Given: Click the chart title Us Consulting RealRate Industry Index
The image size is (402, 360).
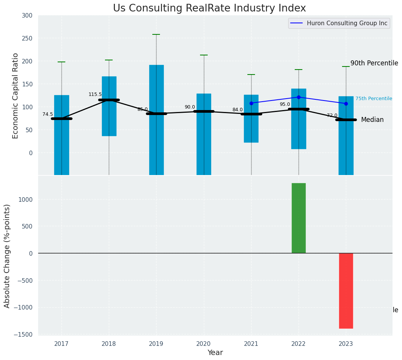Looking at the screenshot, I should click(x=209, y=8).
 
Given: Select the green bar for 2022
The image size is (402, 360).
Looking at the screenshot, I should click(x=299, y=218).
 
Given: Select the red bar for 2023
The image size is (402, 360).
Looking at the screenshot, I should click(x=346, y=290).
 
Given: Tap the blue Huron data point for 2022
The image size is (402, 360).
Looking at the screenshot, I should click(x=299, y=97).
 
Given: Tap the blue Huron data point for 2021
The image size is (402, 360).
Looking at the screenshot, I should click(x=251, y=103).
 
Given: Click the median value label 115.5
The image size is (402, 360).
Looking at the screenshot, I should click(x=95, y=94).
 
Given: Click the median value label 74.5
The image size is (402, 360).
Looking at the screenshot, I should click(x=48, y=114).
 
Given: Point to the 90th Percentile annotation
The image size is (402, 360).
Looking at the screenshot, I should click(x=374, y=63).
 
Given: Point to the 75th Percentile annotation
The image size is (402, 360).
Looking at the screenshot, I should click(x=373, y=99).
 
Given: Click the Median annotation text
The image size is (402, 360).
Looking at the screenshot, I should click(x=372, y=120).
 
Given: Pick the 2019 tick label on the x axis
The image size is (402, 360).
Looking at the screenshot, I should click(x=156, y=344).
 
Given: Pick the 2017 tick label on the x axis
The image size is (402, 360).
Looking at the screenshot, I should click(x=61, y=344).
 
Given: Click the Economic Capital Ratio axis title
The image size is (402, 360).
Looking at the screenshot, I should click(x=16, y=96).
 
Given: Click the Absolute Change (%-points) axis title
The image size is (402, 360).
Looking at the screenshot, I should click(x=7, y=256).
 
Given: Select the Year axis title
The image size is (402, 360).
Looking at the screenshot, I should click(x=215, y=353).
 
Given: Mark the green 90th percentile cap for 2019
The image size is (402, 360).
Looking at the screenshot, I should click(x=156, y=34).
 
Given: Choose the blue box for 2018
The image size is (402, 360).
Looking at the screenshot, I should click(x=109, y=106).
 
